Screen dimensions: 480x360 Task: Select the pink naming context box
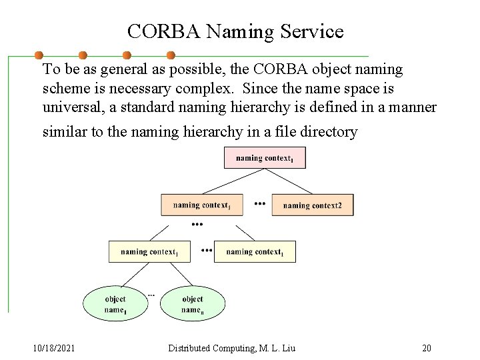tap(265, 158)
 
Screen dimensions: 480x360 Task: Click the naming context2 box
tap(313, 205)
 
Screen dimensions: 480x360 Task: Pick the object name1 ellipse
tap(115, 304)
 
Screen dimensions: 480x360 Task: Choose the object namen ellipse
tap(192, 304)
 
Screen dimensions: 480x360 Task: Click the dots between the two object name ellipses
tap(151, 294)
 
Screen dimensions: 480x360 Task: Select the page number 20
tap(427, 348)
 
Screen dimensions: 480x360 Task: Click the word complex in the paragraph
tap(209, 88)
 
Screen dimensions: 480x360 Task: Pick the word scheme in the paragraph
tap(64, 88)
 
